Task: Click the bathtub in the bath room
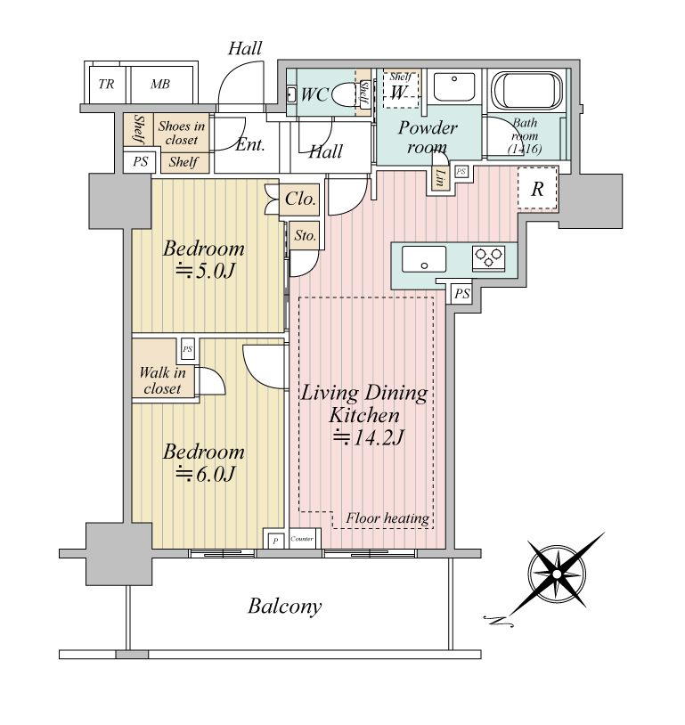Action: [526, 90]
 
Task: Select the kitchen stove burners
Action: [488, 258]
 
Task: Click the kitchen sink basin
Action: [424, 259]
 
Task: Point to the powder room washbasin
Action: [453, 86]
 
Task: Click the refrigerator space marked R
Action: [537, 189]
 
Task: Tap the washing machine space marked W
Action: [401, 89]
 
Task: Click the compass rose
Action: [557, 574]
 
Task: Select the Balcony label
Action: [284, 607]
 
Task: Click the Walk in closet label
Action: [162, 380]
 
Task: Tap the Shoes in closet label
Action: [182, 133]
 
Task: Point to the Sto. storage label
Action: [306, 236]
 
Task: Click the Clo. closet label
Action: [300, 199]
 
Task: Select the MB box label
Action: [160, 84]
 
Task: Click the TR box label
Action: [106, 84]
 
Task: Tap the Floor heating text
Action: [387, 518]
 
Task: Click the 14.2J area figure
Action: [369, 437]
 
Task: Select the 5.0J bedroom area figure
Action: [206, 271]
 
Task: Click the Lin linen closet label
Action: [440, 177]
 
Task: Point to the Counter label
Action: [302, 539]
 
